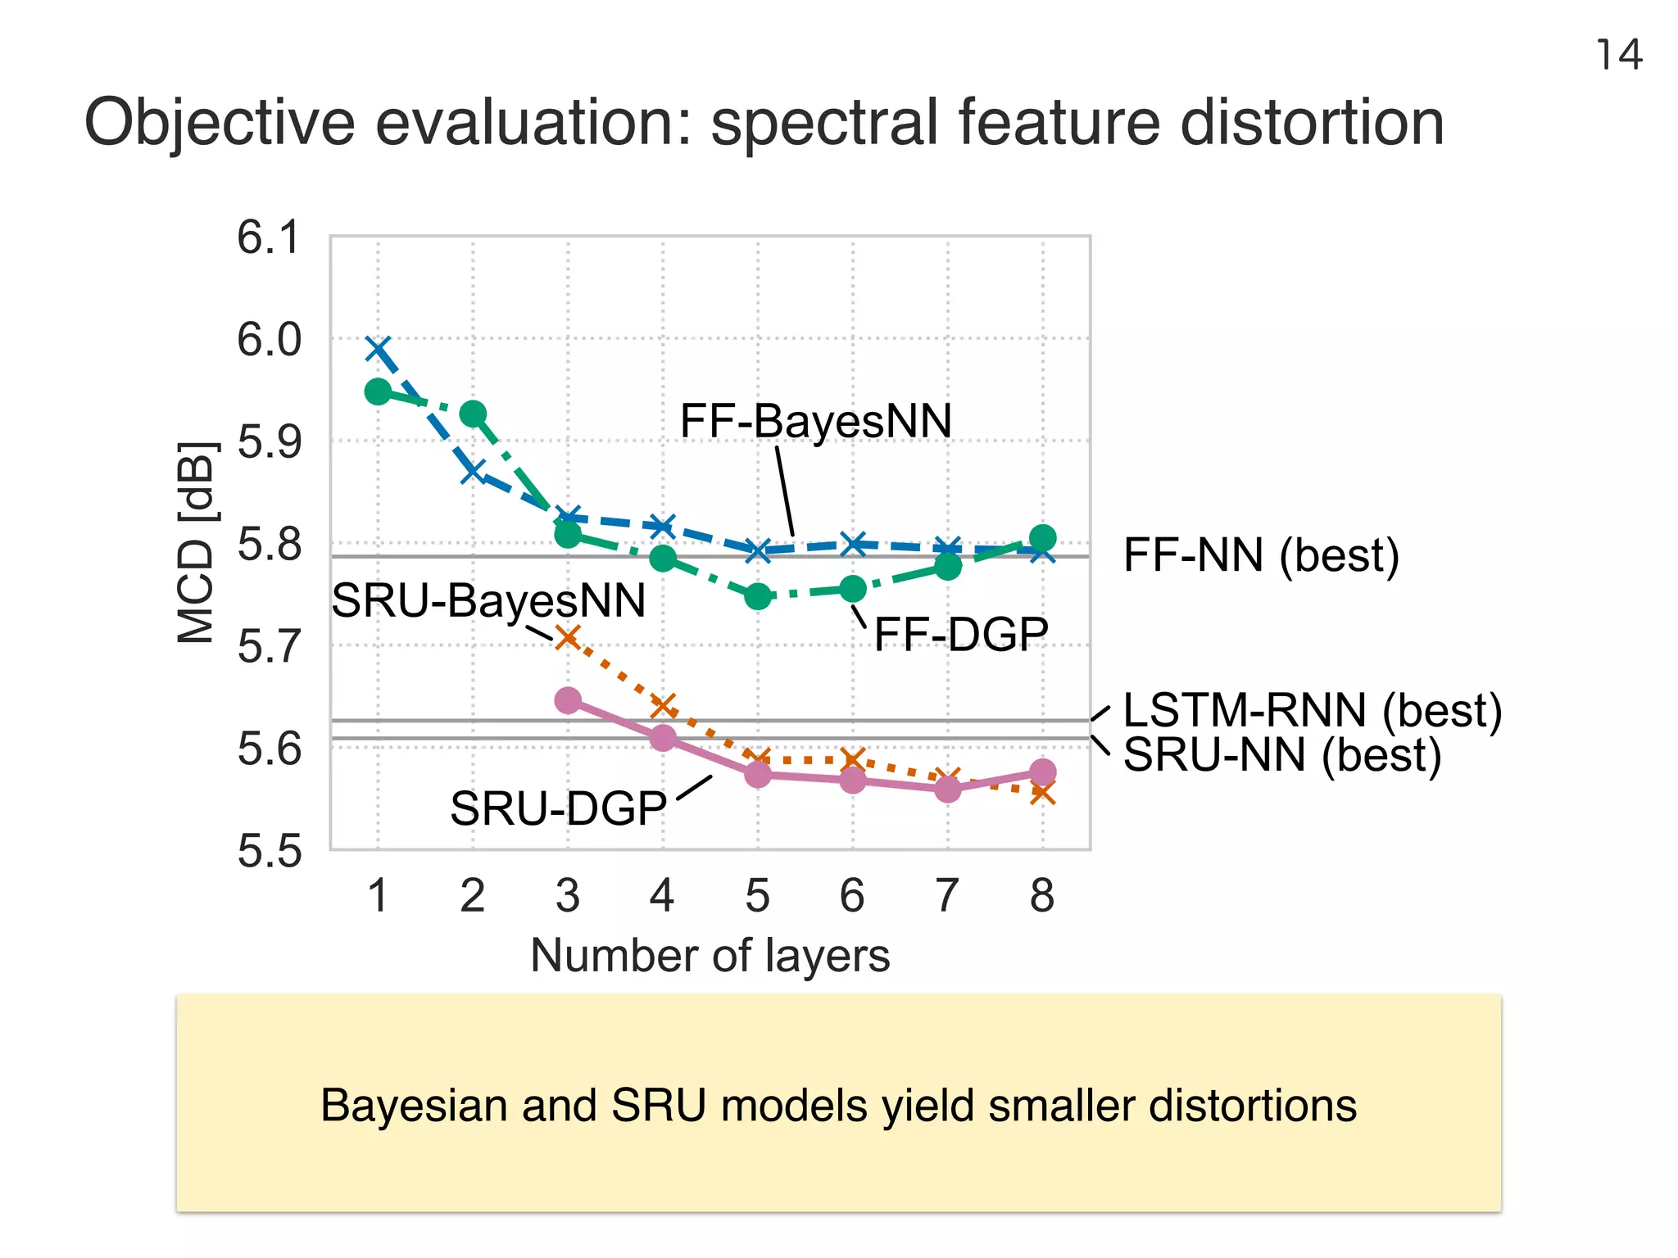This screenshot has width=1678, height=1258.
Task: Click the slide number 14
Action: (x=1619, y=56)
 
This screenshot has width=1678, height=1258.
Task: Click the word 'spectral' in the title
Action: (x=823, y=123)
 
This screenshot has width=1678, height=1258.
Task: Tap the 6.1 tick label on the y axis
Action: (x=269, y=238)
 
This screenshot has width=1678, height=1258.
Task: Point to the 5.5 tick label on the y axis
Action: (x=269, y=851)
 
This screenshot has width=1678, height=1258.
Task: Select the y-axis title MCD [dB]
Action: (x=197, y=542)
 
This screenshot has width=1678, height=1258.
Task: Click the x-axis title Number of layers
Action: (x=710, y=955)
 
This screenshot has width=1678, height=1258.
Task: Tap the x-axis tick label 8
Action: (x=1042, y=895)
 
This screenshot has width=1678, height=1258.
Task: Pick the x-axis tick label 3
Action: (x=567, y=895)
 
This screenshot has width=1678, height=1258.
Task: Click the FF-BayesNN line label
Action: (x=815, y=421)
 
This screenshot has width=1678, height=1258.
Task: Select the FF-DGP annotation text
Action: (x=961, y=634)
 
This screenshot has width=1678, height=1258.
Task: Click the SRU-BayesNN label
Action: (x=488, y=600)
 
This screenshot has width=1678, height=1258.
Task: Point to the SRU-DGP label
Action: (x=558, y=808)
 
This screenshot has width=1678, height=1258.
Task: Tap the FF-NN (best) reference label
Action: (x=1261, y=555)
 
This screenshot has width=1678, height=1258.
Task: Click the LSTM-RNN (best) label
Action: (x=1312, y=710)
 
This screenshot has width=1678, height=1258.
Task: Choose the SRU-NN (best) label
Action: (x=1281, y=754)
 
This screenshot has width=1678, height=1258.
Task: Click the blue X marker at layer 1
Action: (x=378, y=349)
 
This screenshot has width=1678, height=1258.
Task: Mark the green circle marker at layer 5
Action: (x=758, y=596)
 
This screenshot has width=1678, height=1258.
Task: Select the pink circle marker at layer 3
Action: (x=568, y=700)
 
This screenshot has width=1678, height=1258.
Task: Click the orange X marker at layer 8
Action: (x=1042, y=792)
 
